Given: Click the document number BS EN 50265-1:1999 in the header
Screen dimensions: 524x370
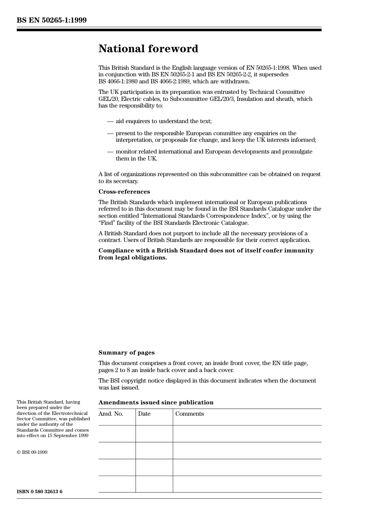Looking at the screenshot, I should coord(51,20).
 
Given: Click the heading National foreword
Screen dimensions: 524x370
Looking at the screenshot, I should coord(148,49).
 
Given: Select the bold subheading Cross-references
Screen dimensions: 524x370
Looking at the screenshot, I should coord(124,192).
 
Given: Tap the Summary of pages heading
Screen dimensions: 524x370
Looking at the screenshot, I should coord(126,353).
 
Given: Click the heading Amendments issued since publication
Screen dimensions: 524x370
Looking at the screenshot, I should coord(156,402).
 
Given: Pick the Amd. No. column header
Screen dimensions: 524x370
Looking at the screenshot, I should coord(111,414).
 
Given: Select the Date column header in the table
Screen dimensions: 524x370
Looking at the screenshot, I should coord(144,414).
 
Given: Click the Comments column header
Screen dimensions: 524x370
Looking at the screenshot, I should coord(189,414).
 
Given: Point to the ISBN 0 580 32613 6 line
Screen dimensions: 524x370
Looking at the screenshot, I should coord(39,492).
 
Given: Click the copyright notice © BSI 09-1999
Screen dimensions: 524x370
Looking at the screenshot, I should coord(32,452).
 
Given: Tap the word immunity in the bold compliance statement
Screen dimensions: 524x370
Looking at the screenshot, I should coord(299,251).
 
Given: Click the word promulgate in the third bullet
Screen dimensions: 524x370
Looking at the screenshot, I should coord(298,152).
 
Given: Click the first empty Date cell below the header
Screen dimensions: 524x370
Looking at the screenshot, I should coord(154,434).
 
